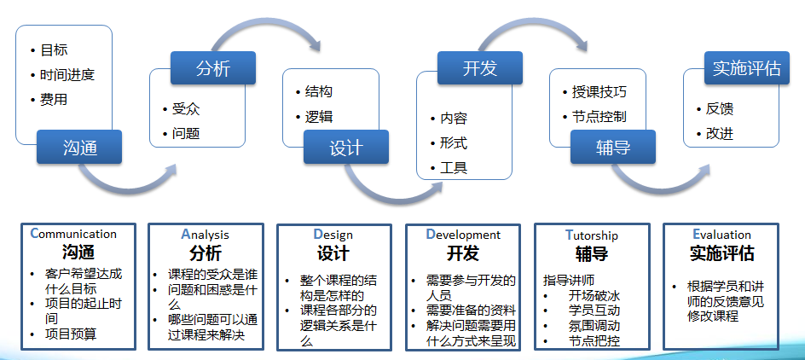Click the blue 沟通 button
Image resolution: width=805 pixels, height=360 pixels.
tap(79, 147)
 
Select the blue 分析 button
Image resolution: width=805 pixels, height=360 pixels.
tap(212, 68)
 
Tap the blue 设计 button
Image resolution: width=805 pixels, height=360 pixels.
tap(345, 147)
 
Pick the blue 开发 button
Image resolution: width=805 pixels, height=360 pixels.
tap(479, 68)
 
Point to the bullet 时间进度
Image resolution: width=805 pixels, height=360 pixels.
tap(67, 74)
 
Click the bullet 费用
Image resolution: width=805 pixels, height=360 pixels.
tap(54, 99)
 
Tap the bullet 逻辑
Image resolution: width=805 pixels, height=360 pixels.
tap(319, 117)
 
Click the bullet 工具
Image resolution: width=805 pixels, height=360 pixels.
tap(453, 167)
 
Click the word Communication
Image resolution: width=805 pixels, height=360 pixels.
tap(73, 234)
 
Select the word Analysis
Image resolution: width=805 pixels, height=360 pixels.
tap(205, 234)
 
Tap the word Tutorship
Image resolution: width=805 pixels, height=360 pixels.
tap(591, 235)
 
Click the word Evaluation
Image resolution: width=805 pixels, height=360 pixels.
tap(721, 235)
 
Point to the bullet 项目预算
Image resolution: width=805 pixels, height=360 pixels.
tap(71, 334)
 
